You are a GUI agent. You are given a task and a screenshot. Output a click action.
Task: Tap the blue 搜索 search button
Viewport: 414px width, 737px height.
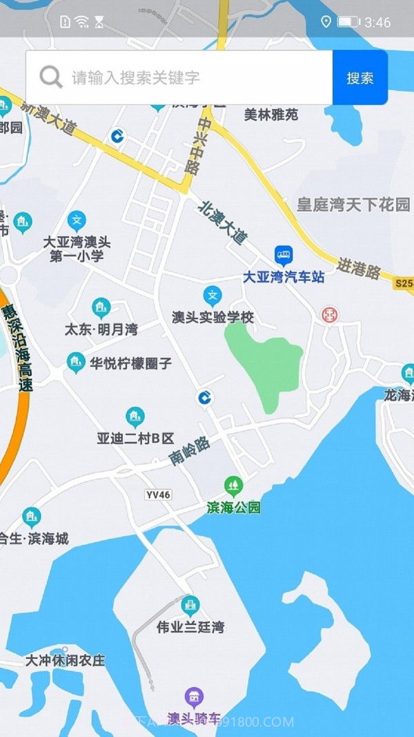pos(359,77)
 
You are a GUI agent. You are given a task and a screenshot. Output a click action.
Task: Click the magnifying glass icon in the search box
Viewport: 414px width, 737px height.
pos(51,77)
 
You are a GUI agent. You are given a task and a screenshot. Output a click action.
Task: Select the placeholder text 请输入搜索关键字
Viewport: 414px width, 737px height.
pos(136,77)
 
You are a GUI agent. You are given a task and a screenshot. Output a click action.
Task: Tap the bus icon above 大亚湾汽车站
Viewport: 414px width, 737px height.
pos(284,256)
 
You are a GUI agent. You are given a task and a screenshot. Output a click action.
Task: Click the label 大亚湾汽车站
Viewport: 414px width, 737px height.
pos(284,277)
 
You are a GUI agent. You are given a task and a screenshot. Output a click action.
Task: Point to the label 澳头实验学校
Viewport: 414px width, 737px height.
pos(213,317)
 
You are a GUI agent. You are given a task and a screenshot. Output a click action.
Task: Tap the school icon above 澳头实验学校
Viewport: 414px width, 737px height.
pos(213,296)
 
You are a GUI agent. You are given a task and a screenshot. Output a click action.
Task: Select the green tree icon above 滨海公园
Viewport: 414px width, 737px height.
pos(234,486)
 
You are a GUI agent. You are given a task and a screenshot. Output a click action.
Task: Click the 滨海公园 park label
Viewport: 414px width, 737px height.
pos(234,508)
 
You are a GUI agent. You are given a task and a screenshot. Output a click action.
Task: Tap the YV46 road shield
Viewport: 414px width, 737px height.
pos(158,495)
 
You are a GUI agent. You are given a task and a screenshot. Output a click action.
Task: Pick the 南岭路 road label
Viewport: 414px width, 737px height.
pos(190,451)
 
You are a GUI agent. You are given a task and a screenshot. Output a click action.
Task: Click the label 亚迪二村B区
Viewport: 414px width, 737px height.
pos(135,438)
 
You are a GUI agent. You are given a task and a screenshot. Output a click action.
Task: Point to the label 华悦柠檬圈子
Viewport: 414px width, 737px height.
pos(130,363)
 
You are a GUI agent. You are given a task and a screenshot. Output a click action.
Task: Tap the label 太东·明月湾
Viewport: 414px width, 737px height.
pos(101,329)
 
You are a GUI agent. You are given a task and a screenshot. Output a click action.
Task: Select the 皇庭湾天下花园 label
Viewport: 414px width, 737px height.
pos(353,204)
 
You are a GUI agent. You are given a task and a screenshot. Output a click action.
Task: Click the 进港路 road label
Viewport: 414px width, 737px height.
pos(359,268)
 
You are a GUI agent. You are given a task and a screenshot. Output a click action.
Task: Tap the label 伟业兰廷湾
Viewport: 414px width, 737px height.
pos(190,627)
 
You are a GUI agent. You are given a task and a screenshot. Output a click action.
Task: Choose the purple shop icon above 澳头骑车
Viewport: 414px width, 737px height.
pos(195,697)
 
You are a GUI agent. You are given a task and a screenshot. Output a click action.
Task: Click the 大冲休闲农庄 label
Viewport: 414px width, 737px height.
pos(66,660)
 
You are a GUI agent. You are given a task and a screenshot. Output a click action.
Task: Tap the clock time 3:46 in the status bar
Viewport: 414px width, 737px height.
pos(377,23)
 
